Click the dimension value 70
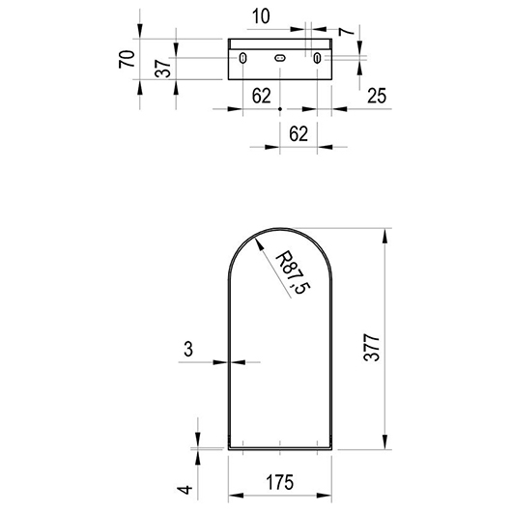coord(127,59)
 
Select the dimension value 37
coord(163,69)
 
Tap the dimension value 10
coord(261,16)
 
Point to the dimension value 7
coord(346,31)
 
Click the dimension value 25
coord(377,96)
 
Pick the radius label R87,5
coord(293,272)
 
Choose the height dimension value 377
coord(371,348)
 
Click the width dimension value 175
coord(280,482)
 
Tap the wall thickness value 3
coord(188,349)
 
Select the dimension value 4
coord(185,490)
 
